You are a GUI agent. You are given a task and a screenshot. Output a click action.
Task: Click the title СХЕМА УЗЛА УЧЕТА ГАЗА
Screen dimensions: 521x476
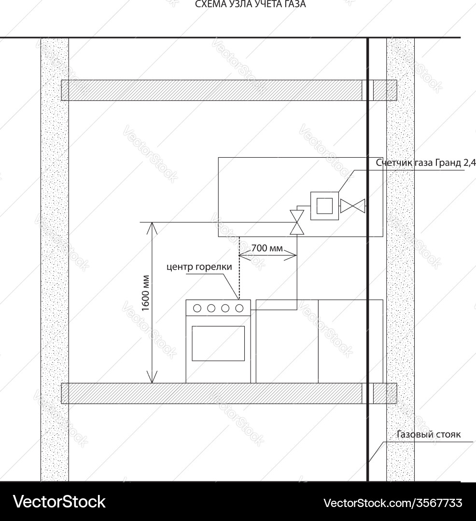[x=250, y=4]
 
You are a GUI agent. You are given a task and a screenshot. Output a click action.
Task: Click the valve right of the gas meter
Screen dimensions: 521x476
[x=353, y=206]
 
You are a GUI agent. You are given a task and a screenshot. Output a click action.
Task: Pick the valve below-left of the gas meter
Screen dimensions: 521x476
[x=296, y=222]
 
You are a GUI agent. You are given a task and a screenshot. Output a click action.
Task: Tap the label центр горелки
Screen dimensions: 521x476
[x=199, y=267]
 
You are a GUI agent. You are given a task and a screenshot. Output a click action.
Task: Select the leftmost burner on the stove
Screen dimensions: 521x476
[x=197, y=307]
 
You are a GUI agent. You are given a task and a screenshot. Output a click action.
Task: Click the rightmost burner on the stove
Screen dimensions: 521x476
[x=239, y=307]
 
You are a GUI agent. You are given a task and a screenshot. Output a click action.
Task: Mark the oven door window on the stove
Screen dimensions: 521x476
[x=218, y=343]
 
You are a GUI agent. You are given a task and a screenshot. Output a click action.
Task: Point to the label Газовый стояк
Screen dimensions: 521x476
[x=429, y=435]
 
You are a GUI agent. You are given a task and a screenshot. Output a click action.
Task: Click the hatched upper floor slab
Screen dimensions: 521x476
[x=212, y=90]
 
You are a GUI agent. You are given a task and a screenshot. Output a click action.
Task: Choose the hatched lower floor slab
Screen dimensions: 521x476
[x=212, y=393]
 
